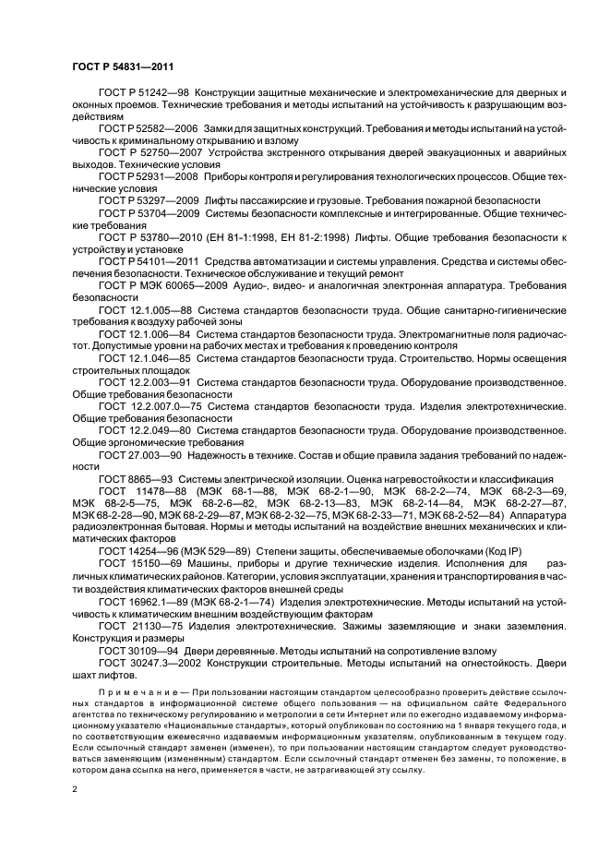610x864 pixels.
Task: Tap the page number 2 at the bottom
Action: (74, 789)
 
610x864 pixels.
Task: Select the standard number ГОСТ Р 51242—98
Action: (142, 94)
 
